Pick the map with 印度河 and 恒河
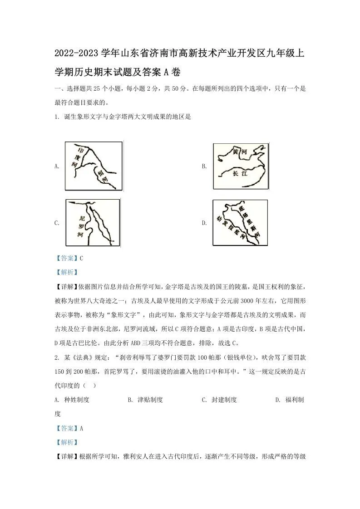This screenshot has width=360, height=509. coord(94,166)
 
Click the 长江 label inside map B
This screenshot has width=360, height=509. coord(239,173)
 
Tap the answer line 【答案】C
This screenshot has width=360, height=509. coord(69,258)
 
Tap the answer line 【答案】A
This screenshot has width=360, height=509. coord(69,428)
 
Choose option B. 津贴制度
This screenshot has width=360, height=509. coord(145,400)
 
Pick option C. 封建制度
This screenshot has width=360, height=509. coord(219,400)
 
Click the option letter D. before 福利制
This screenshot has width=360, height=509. coord(278,400)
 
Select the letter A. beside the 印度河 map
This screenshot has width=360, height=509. coord(57,166)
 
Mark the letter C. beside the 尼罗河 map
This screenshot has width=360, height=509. coord(57,223)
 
